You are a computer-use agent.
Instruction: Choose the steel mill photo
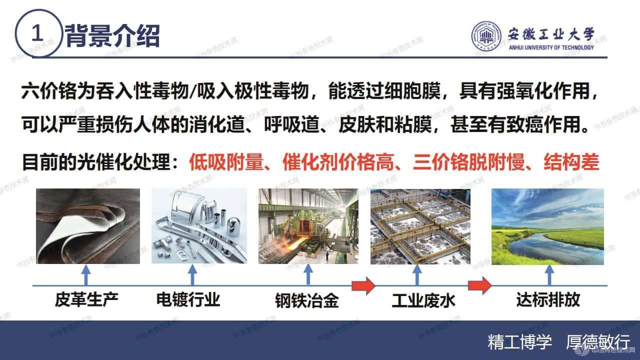308,226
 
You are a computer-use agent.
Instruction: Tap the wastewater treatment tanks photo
420,226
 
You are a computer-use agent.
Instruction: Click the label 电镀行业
188,300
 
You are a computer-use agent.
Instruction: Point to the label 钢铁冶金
306,301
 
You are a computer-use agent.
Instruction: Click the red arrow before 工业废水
363,286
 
